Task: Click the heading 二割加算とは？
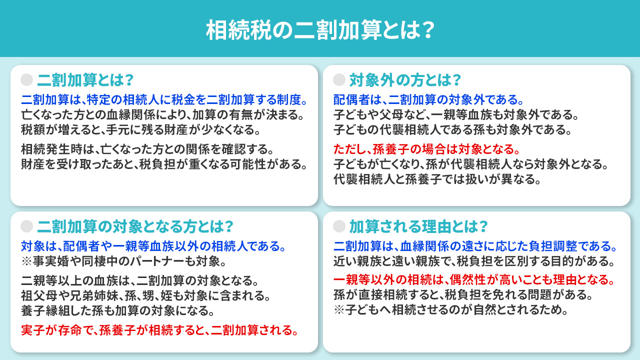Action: (x=85, y=80)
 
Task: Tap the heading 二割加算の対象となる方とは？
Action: (x=135, y=226)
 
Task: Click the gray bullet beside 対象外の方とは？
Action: (x=339, y=80)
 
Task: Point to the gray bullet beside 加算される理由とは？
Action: (x=339, y=226)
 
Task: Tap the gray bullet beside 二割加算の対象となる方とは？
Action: (x=27, y=226)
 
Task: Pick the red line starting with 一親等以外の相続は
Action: (x=473, y=278)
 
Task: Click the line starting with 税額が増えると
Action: (x=140, y=130)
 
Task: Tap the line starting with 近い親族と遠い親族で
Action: (x=473, y=261)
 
